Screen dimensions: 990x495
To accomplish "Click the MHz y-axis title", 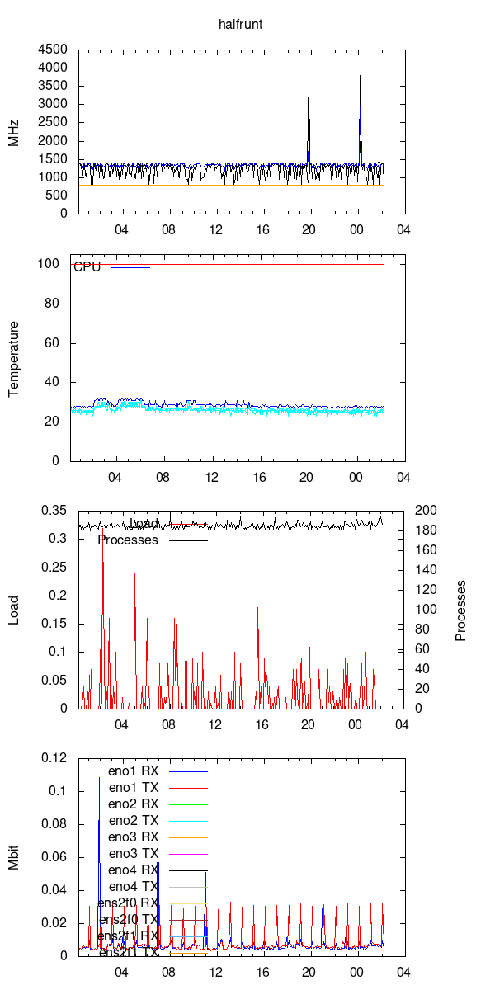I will coord(14,131).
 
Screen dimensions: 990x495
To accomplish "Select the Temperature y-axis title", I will coord(14,359).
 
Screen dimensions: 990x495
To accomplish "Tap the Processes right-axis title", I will coord(461,610).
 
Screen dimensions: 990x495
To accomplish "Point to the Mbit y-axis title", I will coord(14,857).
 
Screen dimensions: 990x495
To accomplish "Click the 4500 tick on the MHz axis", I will coord(54,49).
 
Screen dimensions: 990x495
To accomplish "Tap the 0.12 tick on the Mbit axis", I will coord(54,758).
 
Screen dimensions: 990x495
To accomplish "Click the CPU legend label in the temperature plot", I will coord(87,266).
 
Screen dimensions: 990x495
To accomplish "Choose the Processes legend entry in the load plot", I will coord(128,540).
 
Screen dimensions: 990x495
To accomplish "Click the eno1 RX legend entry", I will coord(133,771).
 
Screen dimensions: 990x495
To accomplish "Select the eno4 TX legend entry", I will coord(133,887).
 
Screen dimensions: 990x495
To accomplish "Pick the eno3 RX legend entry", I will coord(133,837).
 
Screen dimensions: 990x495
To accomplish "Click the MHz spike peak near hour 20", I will coord(309,76).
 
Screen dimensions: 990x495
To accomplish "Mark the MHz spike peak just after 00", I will coord(361,76).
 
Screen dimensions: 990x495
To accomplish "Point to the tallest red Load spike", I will coord(102,540).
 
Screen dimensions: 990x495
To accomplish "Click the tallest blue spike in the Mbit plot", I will coord(99,777).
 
